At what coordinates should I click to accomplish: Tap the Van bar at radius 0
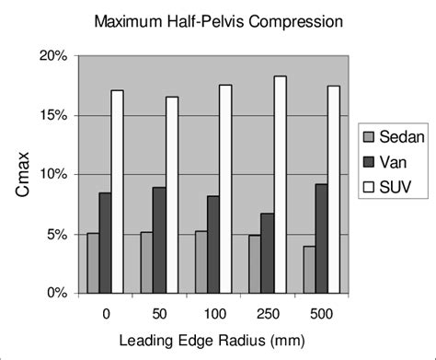(106, 243)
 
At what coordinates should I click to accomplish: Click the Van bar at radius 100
(212, 244)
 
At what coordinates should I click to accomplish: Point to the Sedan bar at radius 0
(93, 263)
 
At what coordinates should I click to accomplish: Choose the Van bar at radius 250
(267, 253)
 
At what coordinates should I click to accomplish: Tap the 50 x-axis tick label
(159, 312)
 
